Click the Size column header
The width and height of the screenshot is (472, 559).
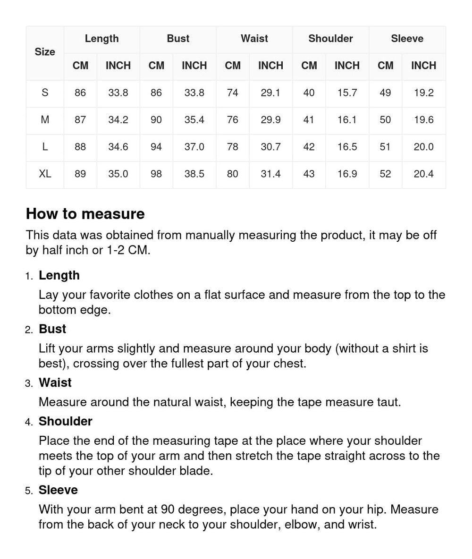tap(45, 52)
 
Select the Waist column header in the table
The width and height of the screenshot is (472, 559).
tap(254, 39)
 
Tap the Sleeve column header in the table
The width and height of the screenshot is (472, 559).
tap(407, 39)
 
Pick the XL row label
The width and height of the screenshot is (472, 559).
tap(45, 174)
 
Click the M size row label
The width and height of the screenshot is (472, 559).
tap(45, 120)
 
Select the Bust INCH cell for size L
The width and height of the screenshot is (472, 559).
tap(194, 147)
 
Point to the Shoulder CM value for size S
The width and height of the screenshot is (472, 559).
tap(309, 93)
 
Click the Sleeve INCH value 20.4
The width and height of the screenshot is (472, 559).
tap(423, 174)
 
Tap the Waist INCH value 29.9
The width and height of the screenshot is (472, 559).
tap(270, 120)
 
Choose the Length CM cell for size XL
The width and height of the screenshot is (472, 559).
tap(80, 174)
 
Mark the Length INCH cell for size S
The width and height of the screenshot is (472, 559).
tap(118, 93)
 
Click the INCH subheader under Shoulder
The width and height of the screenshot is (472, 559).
tap(347, 66)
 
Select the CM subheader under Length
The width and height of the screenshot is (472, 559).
tap(80, 66)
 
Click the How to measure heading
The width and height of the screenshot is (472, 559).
tap(85, 214)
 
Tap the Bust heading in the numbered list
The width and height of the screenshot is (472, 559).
tap(52, 329)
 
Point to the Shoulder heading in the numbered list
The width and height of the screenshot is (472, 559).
tap(65, 421)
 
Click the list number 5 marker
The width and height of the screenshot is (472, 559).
tap(29, 491)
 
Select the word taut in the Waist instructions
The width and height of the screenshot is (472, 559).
tap(388, 402)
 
